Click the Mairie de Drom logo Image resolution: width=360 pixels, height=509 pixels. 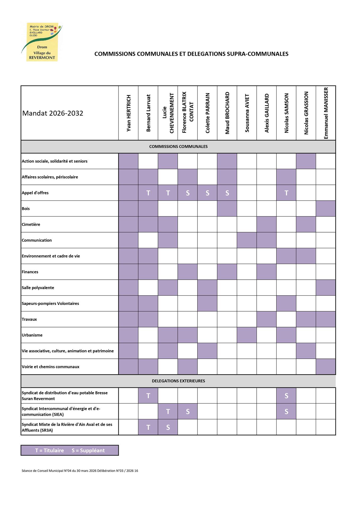[x=42, y=42]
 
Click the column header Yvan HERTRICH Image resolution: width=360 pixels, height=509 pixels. [x=129, y=113]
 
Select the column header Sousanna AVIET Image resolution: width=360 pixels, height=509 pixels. [x=247, y=113]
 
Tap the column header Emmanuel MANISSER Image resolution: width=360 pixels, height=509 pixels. [x=326, y=113]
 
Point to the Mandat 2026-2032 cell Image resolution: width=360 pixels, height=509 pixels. [x=53, y=113]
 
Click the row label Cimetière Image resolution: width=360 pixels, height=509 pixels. [x=31, y=224]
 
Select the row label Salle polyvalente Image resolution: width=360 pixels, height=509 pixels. [x=38, y=288]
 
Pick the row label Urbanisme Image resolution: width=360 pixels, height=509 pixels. [x=32, y=335]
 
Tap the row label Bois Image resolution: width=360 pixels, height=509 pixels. [x=26, y=209]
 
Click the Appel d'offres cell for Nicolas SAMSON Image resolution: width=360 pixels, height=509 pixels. [x=286, y=193]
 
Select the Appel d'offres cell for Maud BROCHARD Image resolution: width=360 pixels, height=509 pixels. [x=227, y=193]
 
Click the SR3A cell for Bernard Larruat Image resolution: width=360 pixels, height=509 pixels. [x=148, y=427]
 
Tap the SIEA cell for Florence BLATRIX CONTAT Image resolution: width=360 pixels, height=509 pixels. [x=188, y=411]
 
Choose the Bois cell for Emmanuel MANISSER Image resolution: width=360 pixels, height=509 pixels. [x=326, y=209]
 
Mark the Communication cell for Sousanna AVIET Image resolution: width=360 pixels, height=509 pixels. [x=247, y=240]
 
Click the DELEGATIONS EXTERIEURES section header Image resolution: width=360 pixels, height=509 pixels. [x=178, y=381]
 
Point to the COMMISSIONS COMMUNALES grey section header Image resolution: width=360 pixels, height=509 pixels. [x=178, y=147]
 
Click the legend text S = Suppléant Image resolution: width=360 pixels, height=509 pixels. [x=88, y=450]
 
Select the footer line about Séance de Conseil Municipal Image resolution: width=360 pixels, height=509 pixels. [x=80, y=471]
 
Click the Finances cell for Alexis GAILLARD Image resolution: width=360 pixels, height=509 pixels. [x=267, y=272]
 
